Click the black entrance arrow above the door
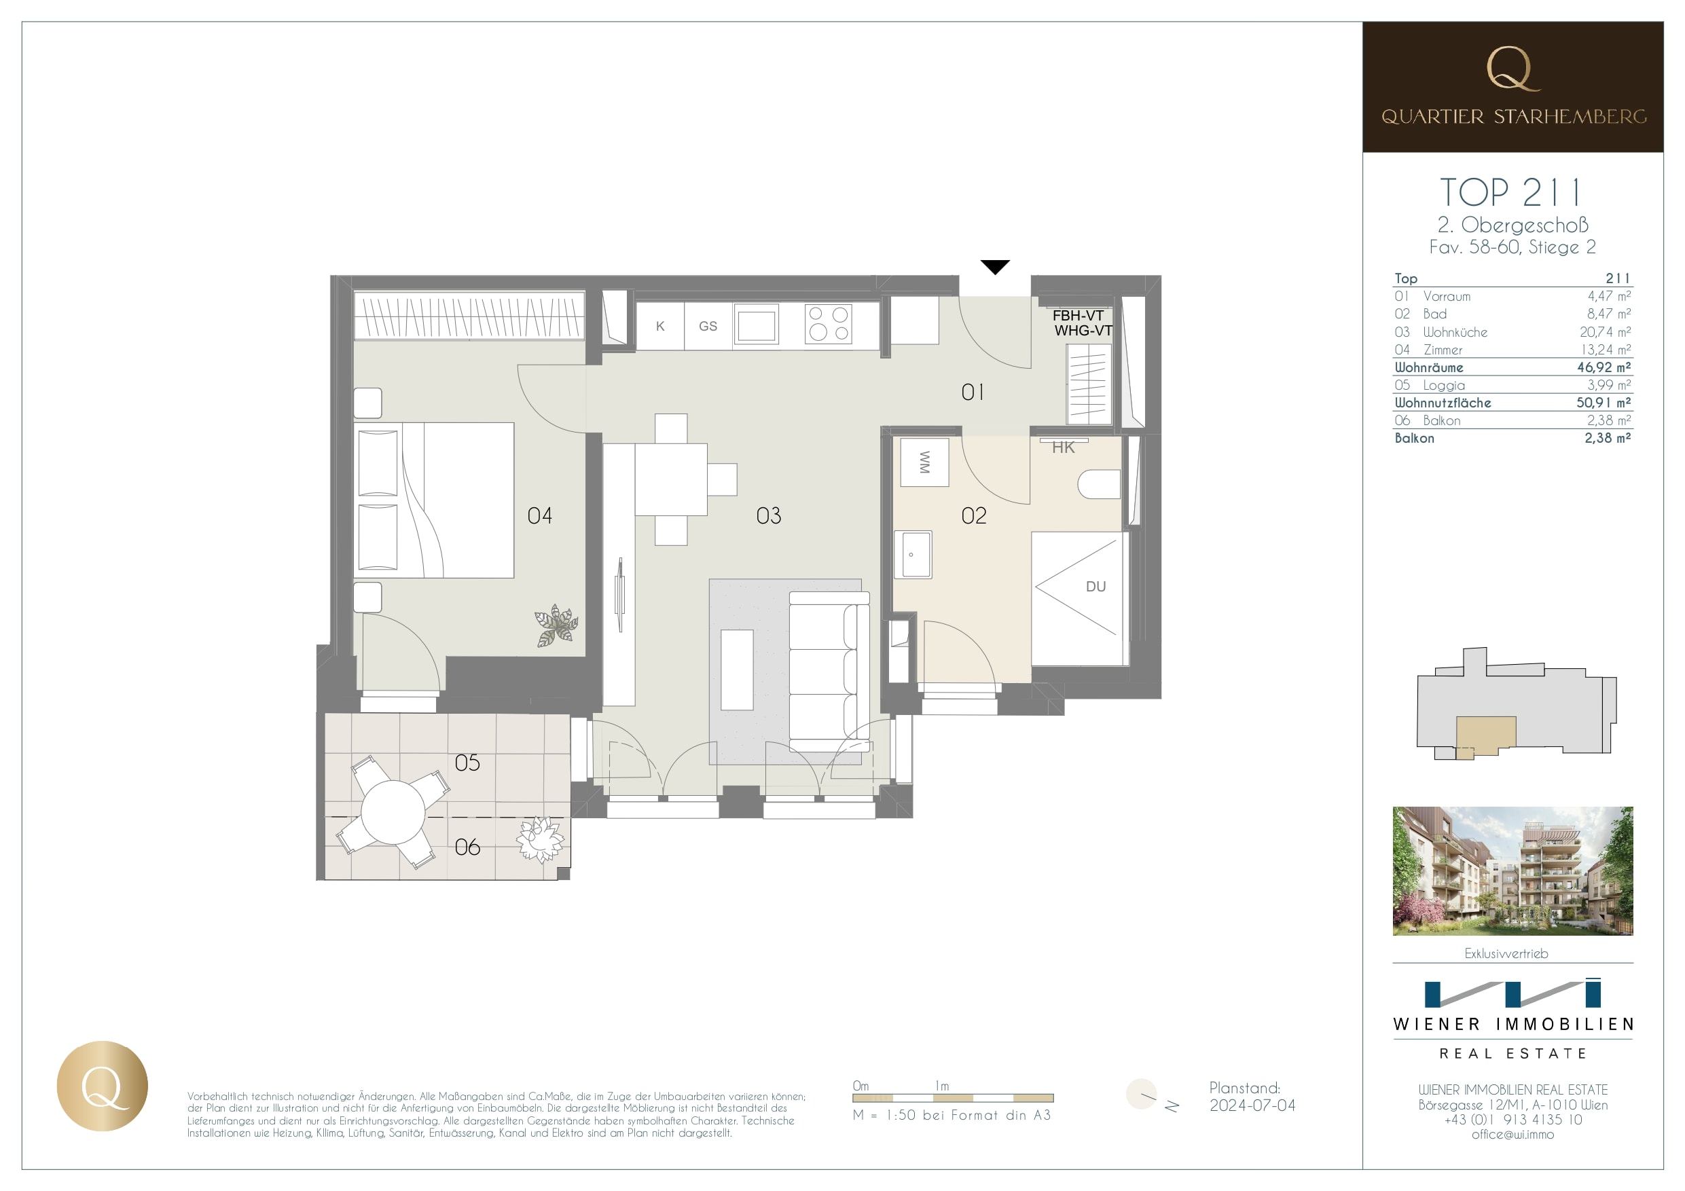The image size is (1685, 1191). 995,267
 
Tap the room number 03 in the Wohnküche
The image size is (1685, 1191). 768,516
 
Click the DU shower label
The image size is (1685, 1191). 1095,586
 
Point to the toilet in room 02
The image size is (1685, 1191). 1100,484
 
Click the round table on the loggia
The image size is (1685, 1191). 393,811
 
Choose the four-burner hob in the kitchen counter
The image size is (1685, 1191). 829,324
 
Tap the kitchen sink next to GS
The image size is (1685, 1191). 756,326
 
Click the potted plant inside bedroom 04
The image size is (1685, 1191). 556,625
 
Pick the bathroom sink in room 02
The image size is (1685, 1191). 913,555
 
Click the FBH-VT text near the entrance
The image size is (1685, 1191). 1077,316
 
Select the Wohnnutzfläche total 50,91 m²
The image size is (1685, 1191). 1603,402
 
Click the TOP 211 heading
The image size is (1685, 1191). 1511,192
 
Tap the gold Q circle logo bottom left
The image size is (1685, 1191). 103,1086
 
